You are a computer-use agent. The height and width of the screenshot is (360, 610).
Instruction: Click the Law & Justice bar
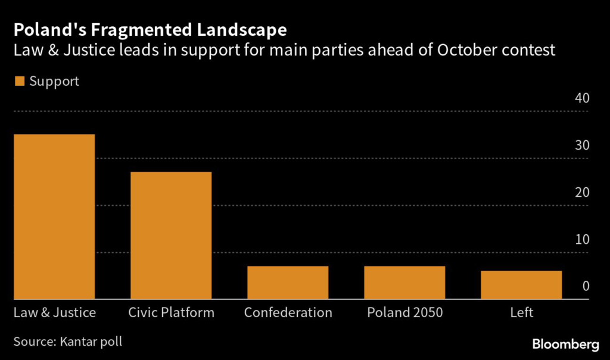[54, 216]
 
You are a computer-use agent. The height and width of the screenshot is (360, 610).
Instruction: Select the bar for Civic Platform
[171, 235]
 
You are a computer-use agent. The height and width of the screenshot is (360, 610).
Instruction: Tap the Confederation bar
[288, 283]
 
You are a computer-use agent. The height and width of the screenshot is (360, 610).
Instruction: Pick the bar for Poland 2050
[404, 283]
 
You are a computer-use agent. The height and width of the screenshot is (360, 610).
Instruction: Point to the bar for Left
[521, 285]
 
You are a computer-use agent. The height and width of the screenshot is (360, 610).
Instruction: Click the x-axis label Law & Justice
[54, 313]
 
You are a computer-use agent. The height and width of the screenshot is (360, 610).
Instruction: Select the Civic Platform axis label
[171, 313]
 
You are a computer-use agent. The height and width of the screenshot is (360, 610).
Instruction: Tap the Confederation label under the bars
[288, 313]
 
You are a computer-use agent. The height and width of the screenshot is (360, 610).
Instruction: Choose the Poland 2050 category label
[404, 313]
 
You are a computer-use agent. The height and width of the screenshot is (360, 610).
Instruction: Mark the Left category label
[521, 313]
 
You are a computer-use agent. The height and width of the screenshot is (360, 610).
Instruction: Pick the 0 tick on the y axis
[586, 287]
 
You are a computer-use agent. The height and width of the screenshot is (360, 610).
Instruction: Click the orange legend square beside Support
[20, 82]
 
